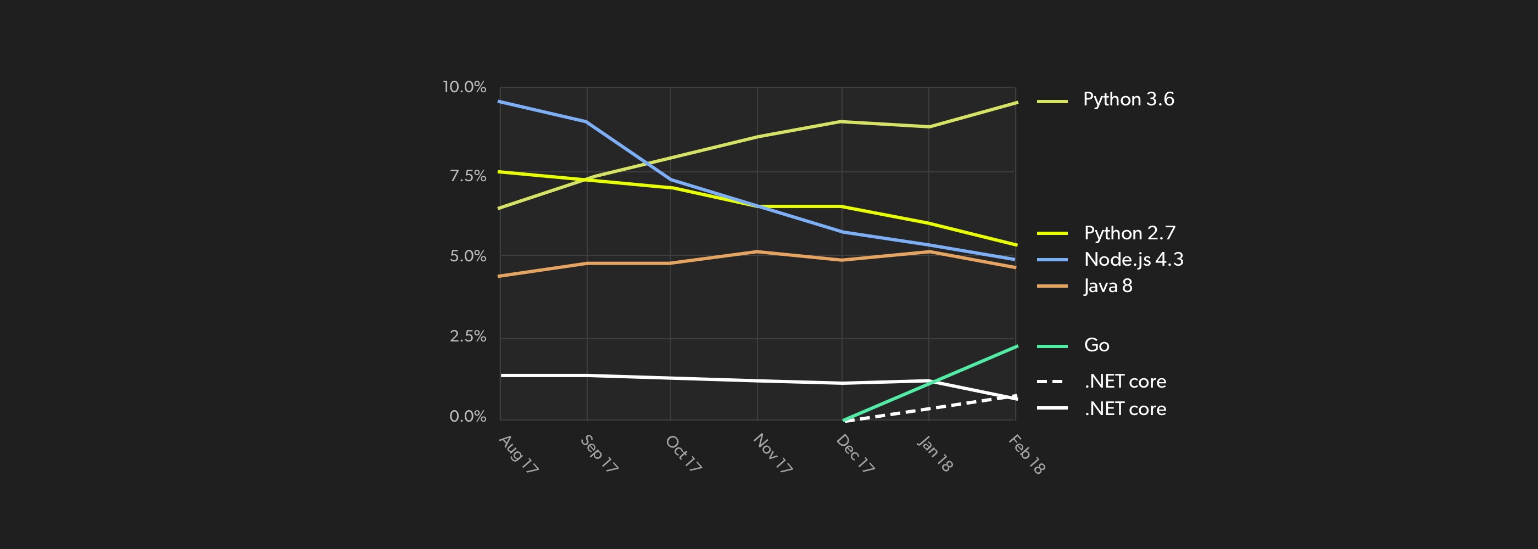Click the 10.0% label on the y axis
click(464, 87)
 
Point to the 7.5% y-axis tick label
click(467, 176)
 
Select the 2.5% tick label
click(467, 337)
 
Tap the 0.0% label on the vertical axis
click(467, 417)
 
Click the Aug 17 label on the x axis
click(518, 454)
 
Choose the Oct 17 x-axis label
click(683, 453)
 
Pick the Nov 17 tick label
click(773, 453)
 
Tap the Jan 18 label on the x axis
click(934, 453)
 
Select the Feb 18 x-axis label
click(1026, 454)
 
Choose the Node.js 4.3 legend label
click(1133, 260)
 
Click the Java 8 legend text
click(1108, 286)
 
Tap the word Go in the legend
click(1096, 345)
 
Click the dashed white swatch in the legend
click(1051, 382)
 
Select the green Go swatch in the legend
click(1052, 346)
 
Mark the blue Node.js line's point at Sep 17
click(586, 122)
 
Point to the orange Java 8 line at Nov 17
click(757, 252)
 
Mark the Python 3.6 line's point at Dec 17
click(842, 122)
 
